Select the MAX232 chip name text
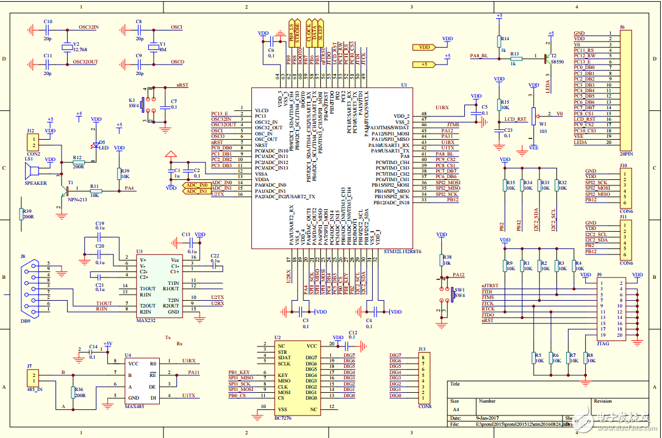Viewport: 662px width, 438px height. point(147,319)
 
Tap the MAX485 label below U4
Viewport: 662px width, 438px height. point(134,405)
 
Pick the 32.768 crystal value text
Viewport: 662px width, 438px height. point(80,50)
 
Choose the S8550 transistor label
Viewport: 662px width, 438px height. point(558,62)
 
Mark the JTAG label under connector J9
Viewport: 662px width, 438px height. point(603,343)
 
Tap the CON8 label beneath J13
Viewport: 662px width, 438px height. point(425,406)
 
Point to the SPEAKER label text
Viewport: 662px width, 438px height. point(35,182)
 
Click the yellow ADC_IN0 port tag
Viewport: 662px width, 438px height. point(196,184)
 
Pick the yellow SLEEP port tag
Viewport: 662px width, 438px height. point(321,31)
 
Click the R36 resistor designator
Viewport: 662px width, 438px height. point(79,389)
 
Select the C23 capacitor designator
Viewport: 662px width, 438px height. point(508,129)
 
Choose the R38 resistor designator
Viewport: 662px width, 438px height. point(447,257)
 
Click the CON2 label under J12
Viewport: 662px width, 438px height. point(33,153)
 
